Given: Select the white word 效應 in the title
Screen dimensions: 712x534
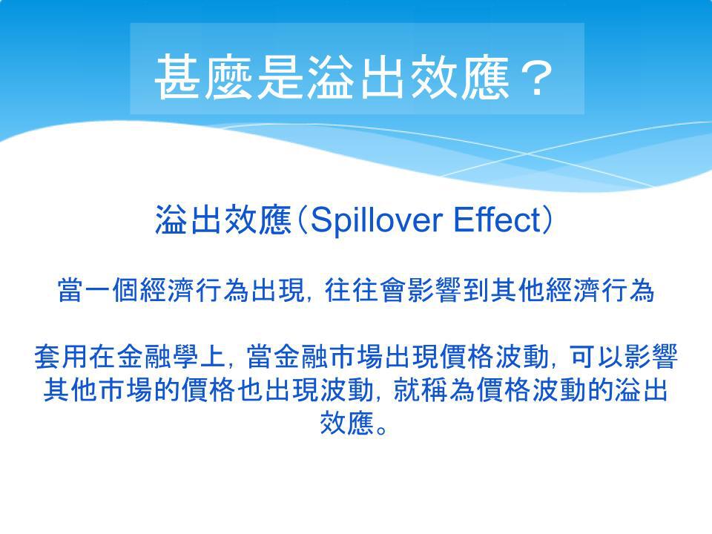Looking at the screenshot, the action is (x=460, y=76).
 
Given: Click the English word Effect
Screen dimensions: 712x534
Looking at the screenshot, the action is (x=498, y=220).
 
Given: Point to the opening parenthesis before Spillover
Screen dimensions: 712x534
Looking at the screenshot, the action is (x=302, y=220).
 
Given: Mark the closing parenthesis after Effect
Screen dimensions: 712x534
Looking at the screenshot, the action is (x=548, y=220).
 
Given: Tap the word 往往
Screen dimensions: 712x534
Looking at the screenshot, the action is (x=352, y=290).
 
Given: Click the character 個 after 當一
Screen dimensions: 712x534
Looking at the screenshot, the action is (x=126, y=290).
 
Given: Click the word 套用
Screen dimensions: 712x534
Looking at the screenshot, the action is (x=62, y=357).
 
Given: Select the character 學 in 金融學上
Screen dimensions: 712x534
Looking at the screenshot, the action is (x=185, y=357).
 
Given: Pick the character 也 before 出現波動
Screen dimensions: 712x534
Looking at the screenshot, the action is (x=250, y=390).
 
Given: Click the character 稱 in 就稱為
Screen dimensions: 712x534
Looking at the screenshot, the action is (x=434, y=390).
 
